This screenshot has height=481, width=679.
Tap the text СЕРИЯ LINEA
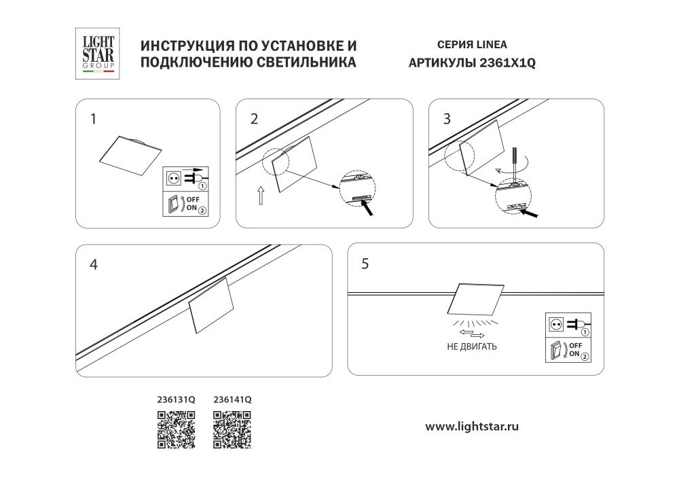pos(472,46)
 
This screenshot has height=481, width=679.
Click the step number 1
pos(93,120)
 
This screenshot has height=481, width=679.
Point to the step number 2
pos(254,120)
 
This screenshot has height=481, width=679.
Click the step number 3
pos(446,120)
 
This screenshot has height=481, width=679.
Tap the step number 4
pos(94,264)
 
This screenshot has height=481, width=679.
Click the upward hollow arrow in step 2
pos(261,196)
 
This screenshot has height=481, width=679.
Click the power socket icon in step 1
pos(174,179)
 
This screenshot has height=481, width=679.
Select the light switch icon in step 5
pos(556,351)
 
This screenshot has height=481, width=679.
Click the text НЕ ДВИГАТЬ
pos(472,346)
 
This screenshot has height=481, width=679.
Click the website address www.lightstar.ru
pos(472,427)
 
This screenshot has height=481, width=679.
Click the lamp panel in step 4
pos(210,305)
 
